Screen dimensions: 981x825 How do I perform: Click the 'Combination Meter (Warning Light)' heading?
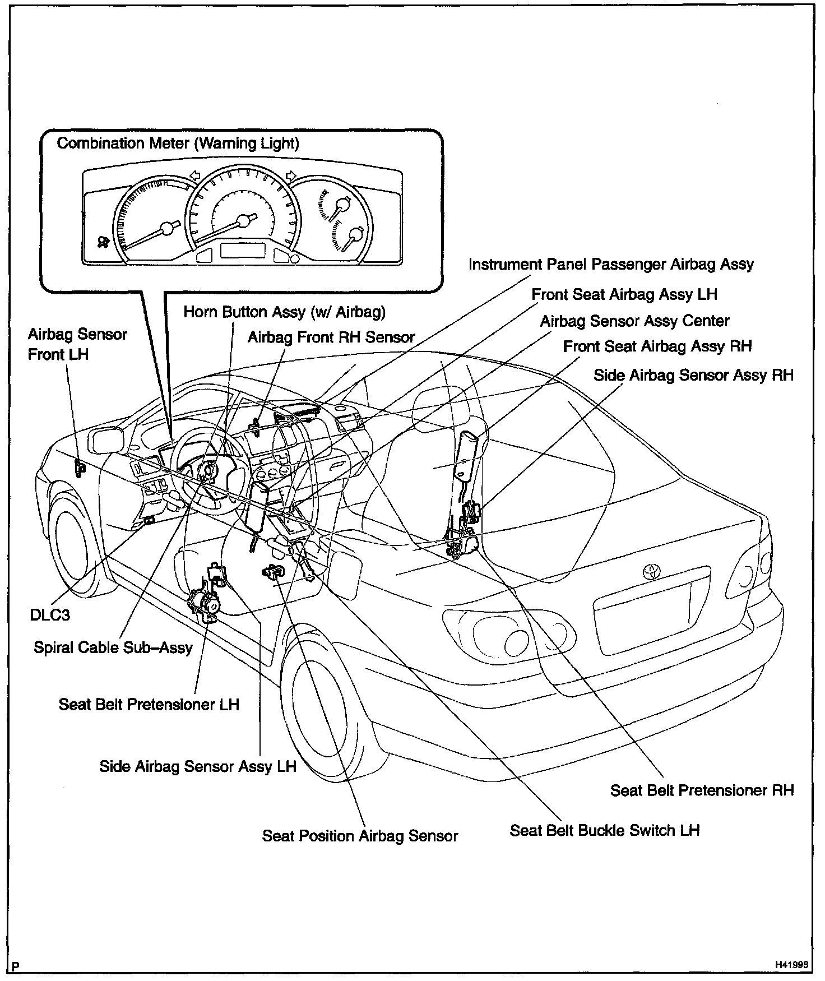(178, 144)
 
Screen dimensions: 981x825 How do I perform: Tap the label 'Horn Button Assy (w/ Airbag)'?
(284, 312)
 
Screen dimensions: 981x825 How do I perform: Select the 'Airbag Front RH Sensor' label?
(331, 337)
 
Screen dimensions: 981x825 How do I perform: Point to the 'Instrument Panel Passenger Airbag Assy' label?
(611, 265)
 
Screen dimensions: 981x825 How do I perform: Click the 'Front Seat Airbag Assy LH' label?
(624, 294)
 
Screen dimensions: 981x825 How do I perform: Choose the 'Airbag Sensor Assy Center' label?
(634, 321)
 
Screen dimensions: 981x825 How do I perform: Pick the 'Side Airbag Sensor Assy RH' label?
(693, 375)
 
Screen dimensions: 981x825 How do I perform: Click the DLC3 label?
(50, 615)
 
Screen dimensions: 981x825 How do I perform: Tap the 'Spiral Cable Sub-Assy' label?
(113, 647)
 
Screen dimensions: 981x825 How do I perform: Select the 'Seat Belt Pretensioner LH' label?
(149, 704)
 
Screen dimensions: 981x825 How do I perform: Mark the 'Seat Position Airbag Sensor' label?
(360, 836)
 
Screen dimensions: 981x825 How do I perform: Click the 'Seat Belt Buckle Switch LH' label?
(604, 830)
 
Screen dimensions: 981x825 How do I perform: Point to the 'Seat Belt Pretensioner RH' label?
(702, 790)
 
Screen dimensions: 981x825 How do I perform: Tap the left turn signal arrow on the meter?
(194, 175)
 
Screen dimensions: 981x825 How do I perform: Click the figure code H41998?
(791, 965)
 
